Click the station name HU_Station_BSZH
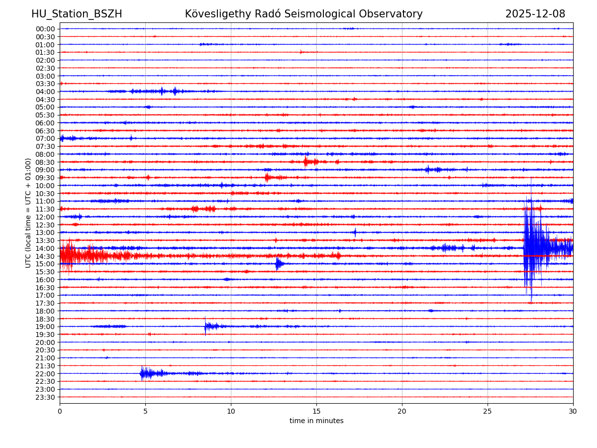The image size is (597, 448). [77, 14]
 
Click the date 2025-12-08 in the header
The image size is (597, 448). [535, 14]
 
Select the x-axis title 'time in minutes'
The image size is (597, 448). [316, 421]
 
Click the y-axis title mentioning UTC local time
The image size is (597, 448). [28, 213]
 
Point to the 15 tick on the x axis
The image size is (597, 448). [316, 412]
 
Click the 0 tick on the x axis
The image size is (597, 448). [60, 412]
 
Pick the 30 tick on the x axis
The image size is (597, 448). [573, 412]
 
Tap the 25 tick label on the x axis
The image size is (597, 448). [488, 412]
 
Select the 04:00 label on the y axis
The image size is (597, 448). [45, 92]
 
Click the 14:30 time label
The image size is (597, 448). [45, 256]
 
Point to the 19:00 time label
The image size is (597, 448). [45, 327]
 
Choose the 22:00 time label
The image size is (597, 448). [45, 374]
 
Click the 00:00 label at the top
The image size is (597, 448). [45, 29]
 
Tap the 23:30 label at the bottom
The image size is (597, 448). [45, 397]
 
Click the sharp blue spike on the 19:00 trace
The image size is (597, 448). [205, 326]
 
